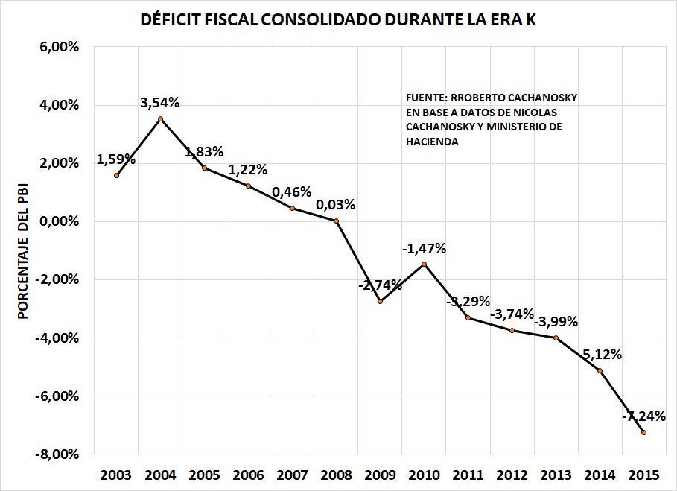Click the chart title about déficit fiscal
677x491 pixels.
pyautogui.click(x=338, y=20)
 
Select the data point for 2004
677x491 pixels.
pyautogui.click(x=160, y=118)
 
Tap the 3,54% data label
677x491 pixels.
pyautogui.click(x=160, y=103)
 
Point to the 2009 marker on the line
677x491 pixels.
pyautogui.click(x=380, y=301)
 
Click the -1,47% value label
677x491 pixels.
pyautogui.click(x=425, y=249)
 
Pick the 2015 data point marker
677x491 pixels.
pyautogui.click(x=643, y=432)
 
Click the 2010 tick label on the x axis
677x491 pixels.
pyautogui.click(x=424, y=475)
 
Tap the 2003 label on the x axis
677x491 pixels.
pyautogui.click(x=116, y=475)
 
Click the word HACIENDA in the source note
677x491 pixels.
pyautogui.click(x=432, y=142)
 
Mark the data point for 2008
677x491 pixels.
pyautogui.click(x=336, y=221)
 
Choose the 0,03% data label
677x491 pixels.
pyautogui.click(x=335, y=205)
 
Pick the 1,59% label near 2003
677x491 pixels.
pyautogui.click(x=116, y=159)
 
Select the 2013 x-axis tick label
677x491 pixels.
pyautogui.click(x=556, y=475)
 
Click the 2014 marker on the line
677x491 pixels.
pyautogui.click(x=600, y=370)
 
